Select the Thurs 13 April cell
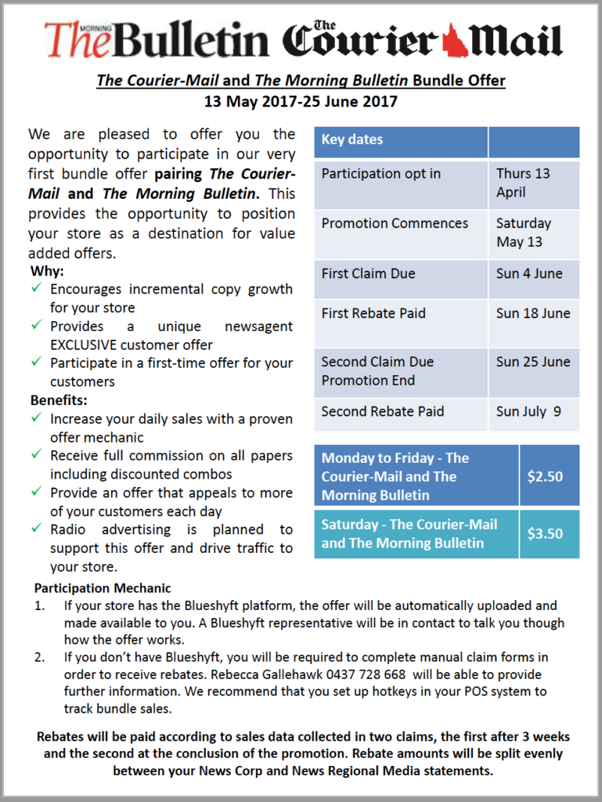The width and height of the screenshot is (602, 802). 523,182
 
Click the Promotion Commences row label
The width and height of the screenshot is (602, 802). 395,223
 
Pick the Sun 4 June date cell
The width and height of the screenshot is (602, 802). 528,273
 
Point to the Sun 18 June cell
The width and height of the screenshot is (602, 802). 533,313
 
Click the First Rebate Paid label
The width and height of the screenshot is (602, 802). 373,313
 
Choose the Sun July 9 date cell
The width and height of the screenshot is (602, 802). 528,411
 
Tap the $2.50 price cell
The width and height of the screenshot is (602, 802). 545,476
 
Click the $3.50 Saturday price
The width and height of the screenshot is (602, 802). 545,534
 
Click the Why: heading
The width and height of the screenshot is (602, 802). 47,272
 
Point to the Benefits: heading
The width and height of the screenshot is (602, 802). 58,400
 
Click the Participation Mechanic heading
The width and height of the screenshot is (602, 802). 103,588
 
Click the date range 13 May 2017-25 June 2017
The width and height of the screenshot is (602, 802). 301,101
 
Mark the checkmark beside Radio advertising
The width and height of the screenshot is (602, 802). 37,529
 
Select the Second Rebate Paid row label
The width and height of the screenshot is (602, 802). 382,411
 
